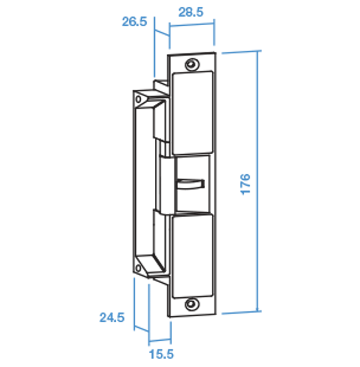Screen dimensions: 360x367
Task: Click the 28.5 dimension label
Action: pyautogui.click(x=190, y=12)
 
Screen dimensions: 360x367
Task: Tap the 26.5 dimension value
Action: pyautogui.click(x=135, y=22)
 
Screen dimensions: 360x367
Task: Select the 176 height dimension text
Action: pyautogui.click(x=246, y=184)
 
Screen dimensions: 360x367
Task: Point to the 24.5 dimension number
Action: pyautogui.click(x=112, y=317)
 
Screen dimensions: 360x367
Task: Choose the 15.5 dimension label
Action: pyautogui.click(x=162, y=354)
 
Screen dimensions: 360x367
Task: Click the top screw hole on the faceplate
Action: pyautogui.click(x=192, y=64)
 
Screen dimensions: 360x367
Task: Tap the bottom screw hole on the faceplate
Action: pyautogui.click(x=192, y=304)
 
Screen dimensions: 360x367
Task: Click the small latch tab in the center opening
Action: pyautogui.click(x=190, y=184)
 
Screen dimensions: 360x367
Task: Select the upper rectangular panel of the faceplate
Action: pyautogui.click(x=192, y=113)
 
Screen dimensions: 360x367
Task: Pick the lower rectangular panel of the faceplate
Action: pyautogui.click(x=192, y=256)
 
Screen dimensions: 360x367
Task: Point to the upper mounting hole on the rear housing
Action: pyautogui.click(x=138, y=99)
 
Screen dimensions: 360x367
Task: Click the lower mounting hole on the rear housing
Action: pyautogui.click(x=138, y=269)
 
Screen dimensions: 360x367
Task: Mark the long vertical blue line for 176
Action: pyautogui.click(x=258, y=181)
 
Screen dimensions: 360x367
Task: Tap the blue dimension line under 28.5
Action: pyautogui.click(x=192, y=25)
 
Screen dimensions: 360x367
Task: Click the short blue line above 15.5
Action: pyautogui.click(x=160, y=340)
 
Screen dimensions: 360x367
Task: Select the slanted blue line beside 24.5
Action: pyautogui.click(x=141, y=328)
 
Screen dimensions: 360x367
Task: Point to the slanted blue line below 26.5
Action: pyautogui.click(x=162, y=33)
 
